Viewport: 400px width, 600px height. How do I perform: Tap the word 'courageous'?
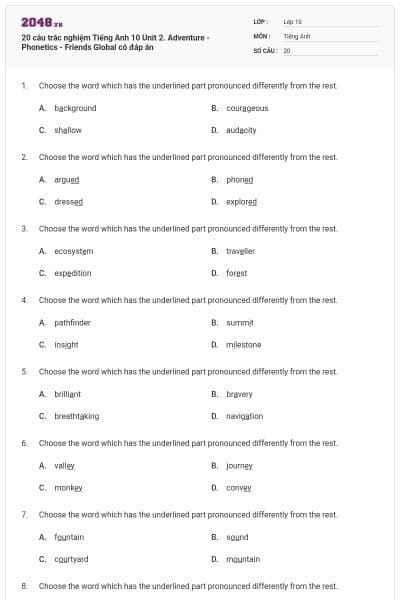pyautogui.click(x=247, y=108)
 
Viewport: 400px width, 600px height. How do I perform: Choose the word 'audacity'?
pyautogui.click(x=242, y=130)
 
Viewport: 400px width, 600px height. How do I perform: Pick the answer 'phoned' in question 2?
pyautogui.click(x=240, y=180)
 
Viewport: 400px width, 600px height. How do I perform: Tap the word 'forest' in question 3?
pyautogui.click(x=236, y=273)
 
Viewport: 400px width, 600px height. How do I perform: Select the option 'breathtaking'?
pyautogui.click(x=77, y=416)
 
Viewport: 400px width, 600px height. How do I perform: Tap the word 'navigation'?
pyautogui.click(x=245, y=416)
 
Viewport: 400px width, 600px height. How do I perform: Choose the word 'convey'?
pyautogui.click(x=239, y=488)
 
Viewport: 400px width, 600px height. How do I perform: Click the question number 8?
pyautogui.click(x=24, y=585)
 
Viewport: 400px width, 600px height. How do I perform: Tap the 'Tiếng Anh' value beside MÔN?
pyautogui.click(x=297, y=35)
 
